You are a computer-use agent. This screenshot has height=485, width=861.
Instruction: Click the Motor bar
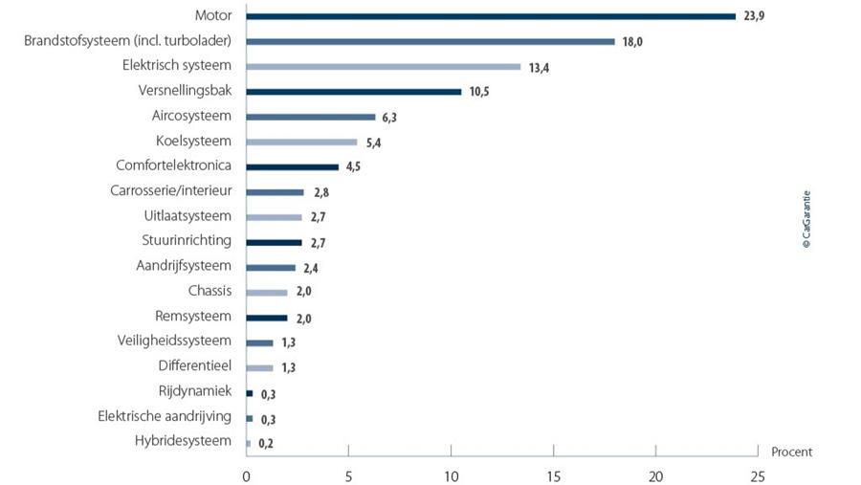point(490,16)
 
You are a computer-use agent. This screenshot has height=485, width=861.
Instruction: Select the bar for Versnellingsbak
point(353,92)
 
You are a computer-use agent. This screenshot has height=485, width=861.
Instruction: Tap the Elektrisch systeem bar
point(383,67)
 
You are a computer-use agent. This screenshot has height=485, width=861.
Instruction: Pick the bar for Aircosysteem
point(310,117)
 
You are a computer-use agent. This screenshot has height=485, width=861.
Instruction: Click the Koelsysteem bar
point(301,142)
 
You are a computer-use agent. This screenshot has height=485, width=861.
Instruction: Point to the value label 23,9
point(753,16)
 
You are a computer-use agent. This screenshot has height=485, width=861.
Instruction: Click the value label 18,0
point(632,41)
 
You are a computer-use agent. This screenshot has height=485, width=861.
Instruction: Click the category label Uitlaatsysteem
point(188,216)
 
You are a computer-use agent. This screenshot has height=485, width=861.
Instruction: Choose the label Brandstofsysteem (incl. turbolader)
point(127,41)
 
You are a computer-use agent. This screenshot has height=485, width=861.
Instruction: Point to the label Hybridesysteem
point(183,440)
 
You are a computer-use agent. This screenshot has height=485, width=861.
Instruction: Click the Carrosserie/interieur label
point(171,190)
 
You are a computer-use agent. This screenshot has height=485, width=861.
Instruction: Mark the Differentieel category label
point(194,364)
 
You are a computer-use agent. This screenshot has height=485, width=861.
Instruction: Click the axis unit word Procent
point(793,452)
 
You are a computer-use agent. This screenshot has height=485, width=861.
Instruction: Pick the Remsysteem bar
point(267,318)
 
